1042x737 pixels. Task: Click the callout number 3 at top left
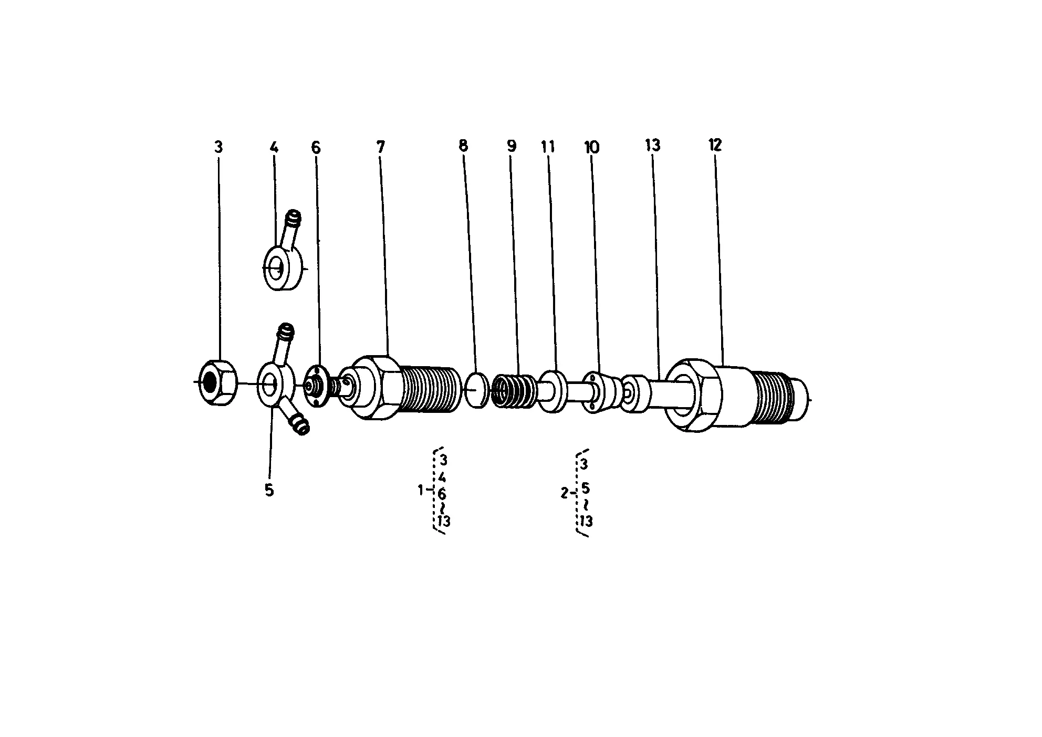pos(218,147)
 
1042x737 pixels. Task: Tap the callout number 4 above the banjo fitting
pos(274,147)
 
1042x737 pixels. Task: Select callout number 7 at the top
pos(381,147)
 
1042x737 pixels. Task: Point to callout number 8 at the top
pos(463,146)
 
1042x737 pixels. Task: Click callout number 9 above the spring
pos(512,146)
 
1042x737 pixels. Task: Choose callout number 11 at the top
pos(548,147)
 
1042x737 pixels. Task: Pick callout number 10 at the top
pos(591,148)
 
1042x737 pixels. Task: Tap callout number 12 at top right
pos(715,145)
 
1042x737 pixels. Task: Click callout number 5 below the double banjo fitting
pos(269,490)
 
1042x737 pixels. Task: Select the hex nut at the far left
pos(216,382)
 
